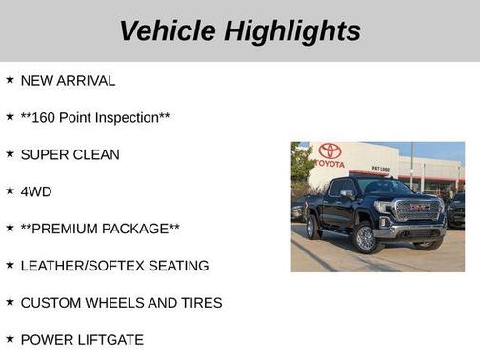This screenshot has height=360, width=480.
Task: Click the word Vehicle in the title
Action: (168, 30)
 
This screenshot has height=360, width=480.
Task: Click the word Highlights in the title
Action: (292, 30)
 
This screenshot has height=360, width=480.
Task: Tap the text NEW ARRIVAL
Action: (68, 81)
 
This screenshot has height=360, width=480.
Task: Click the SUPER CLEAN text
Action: (70, 154)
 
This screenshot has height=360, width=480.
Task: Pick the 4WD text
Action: (36, 191)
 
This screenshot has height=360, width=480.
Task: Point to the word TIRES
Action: (198, 303)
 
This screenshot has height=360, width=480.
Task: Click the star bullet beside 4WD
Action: (10, 190)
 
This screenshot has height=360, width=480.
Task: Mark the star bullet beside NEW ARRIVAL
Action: (10, 80)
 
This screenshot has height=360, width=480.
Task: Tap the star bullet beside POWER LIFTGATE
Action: (10, 339)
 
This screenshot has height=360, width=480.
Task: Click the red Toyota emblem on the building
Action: (330, 150)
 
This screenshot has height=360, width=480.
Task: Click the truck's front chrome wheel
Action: (365, 237)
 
